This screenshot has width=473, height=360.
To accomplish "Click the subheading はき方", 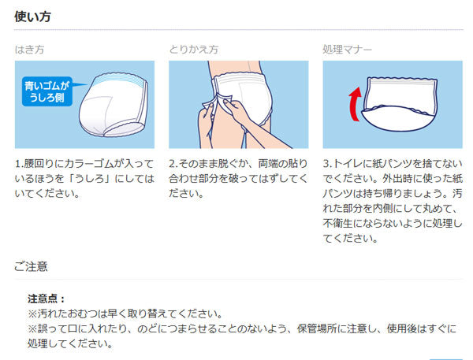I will [x=29, y=50].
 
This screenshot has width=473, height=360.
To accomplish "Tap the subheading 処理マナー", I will [x=348, y=50].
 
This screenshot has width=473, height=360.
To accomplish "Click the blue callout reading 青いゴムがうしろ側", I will [x=49, y=91].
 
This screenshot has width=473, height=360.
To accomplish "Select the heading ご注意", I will [x=31, y=266].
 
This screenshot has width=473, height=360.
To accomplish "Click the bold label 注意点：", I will [x=47, y=299].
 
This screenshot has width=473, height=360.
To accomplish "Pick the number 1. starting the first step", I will [x=20, y=163].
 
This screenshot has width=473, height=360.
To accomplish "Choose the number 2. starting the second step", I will [x=173, y=163].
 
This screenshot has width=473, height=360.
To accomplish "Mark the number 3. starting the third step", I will [x=327, y=163].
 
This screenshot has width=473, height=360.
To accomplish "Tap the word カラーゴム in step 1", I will [x=88, y=163].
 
